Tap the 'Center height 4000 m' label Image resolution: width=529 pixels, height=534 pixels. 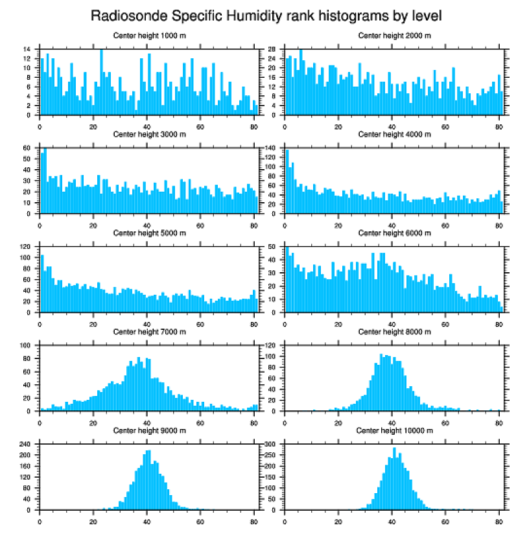[394, 134]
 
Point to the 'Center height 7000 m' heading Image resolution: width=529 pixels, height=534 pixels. [149, 332]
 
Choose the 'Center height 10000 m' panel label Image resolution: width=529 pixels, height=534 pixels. [394, 430]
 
